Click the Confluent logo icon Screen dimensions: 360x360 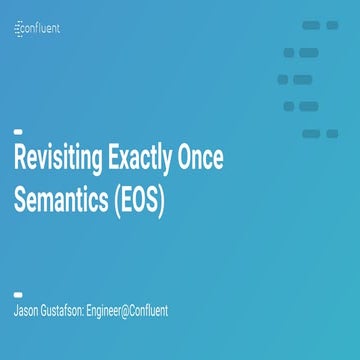(x=20, y=29)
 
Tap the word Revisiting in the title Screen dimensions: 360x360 (x=53, y=160)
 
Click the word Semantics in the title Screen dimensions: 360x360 (x=57, y=200)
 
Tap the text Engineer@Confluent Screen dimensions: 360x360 (x=131, y=311)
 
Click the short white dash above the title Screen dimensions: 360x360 (x=18, y=131)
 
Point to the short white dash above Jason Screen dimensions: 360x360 (x=18, y=294)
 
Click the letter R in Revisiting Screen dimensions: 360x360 (x=19, y=160)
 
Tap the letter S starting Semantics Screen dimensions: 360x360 (x=20, y=200)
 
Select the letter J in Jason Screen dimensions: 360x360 (x=15, y=311)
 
